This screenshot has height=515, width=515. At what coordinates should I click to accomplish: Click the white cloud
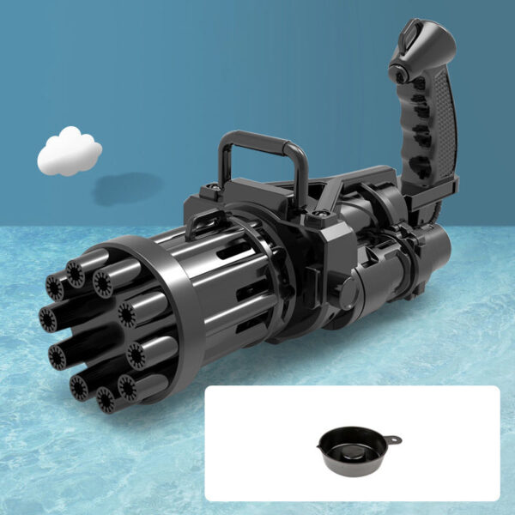69,152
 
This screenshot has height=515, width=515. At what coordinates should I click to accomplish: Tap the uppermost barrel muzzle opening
76,274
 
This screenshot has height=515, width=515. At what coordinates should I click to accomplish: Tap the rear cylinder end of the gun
433,250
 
